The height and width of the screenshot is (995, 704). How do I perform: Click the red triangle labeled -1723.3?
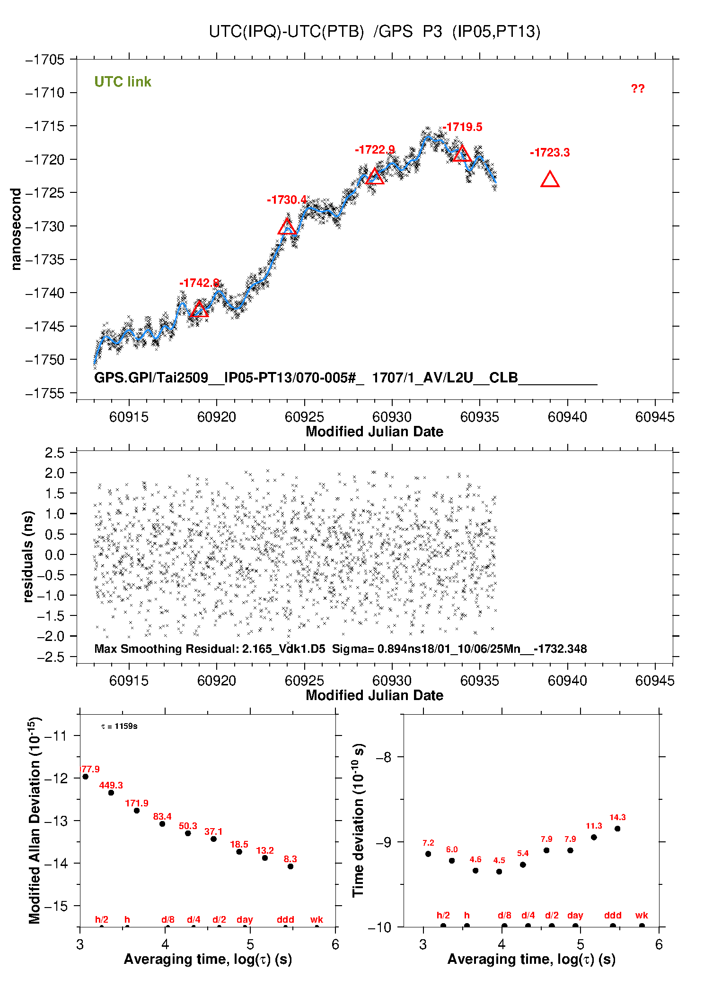pyautogui.click(x=550, y=180)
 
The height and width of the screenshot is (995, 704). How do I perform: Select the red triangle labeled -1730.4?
pyautogui.click(x=287, y=227)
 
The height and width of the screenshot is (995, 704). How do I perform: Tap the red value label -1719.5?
pyautogui.click(x=462, y=127)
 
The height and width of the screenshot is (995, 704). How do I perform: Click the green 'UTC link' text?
pyautogui.click(x=123, y=82)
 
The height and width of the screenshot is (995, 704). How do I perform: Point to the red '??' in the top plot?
pyautogui.click(x=637, y=89)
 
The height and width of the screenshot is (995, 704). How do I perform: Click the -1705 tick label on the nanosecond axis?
pyautogui.click(x=45, y=60)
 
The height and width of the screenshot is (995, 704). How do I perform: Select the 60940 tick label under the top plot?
pyautogui.click(x=567, y=417)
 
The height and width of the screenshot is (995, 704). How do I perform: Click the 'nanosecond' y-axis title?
pyautogui.click(x=16, y=229)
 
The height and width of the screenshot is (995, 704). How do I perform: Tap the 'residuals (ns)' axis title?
pyautogui.click(x=28, y=556)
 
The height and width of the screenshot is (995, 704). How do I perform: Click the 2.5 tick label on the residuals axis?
pyautogui.click(x=54, y=453)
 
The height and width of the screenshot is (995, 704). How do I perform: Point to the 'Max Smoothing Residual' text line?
pyautogui.click(x=340, y=649)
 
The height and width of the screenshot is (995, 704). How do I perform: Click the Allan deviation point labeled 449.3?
pyautogui.click(x=111, y=793)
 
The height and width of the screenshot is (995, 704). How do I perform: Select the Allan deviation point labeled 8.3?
pyautogui.click(x=290, y=866)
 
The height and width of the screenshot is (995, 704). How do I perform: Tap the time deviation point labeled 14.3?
pyautogui.click(x=617, y=829)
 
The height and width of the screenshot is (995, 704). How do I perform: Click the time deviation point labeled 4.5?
pyautogui.click(x=499, y=872)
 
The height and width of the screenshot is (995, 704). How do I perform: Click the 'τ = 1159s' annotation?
pyautogui.click(x=119, y=726)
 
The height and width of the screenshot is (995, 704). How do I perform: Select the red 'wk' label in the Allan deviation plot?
pyautogui.click(x=317, y=919)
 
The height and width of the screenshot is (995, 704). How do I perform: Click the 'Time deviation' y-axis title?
pyautogui.click(x=359, y=820)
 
